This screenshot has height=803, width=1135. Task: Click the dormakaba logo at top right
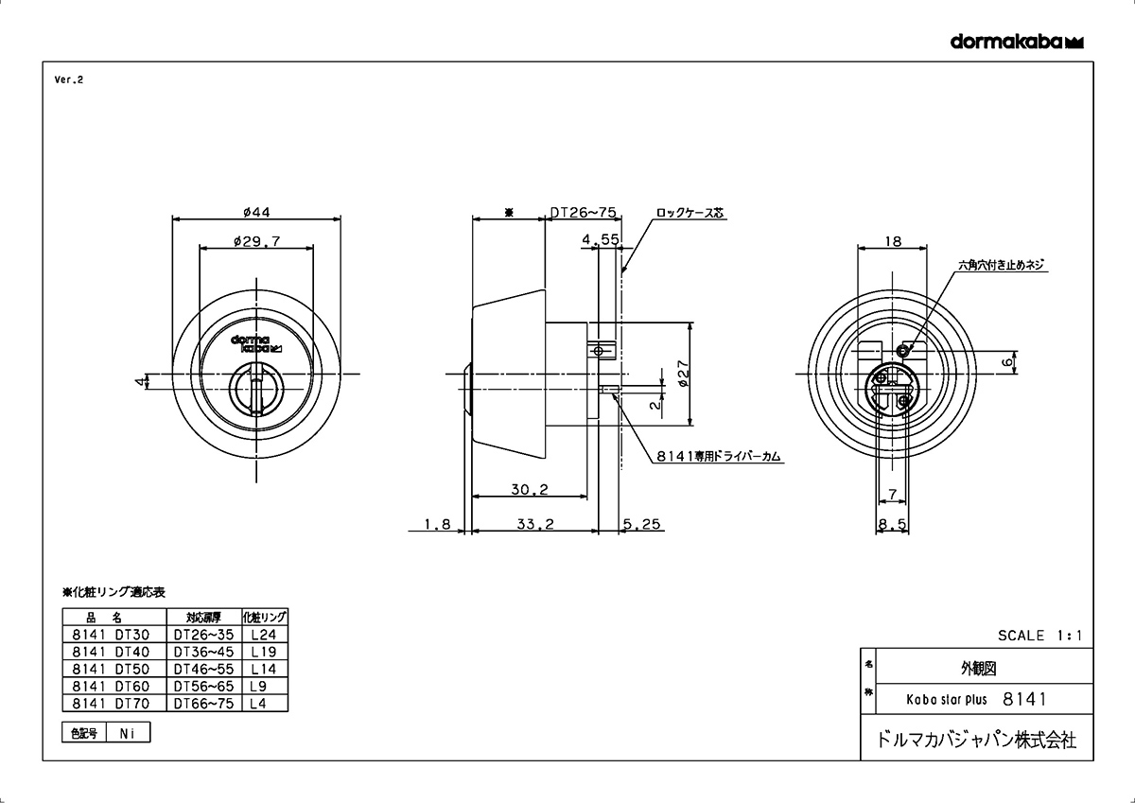pos(1017,42)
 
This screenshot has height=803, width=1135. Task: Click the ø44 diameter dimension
pos(256,212)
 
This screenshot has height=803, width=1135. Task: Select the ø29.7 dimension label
pos(256,241)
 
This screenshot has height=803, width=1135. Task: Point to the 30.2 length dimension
pos(530,489)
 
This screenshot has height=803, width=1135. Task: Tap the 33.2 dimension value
pos(535,524)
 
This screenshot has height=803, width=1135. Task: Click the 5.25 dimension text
pos(641,524)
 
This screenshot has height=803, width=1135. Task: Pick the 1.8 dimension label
pos(437,524)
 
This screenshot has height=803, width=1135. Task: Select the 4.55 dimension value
pos(601,239)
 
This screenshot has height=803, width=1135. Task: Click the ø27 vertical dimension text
pos(683,374)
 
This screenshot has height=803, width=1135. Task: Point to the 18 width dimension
pos(893,241)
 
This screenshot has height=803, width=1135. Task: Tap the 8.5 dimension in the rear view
pos(892,524)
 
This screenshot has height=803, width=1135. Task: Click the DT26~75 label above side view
pos(584,212)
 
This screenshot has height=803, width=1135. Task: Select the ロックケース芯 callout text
pos(690,213)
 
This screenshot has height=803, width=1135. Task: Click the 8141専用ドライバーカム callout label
pos(719,457)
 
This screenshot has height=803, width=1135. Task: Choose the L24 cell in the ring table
pos(264,635)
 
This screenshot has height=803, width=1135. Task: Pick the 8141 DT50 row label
pos(111,669)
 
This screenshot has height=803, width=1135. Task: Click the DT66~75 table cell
pos(203,703)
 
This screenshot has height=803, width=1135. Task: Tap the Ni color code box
pos(127,733)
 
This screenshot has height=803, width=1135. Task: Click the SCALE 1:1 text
pos(1039,636)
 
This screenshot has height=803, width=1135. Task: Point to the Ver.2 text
pos(69,79)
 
